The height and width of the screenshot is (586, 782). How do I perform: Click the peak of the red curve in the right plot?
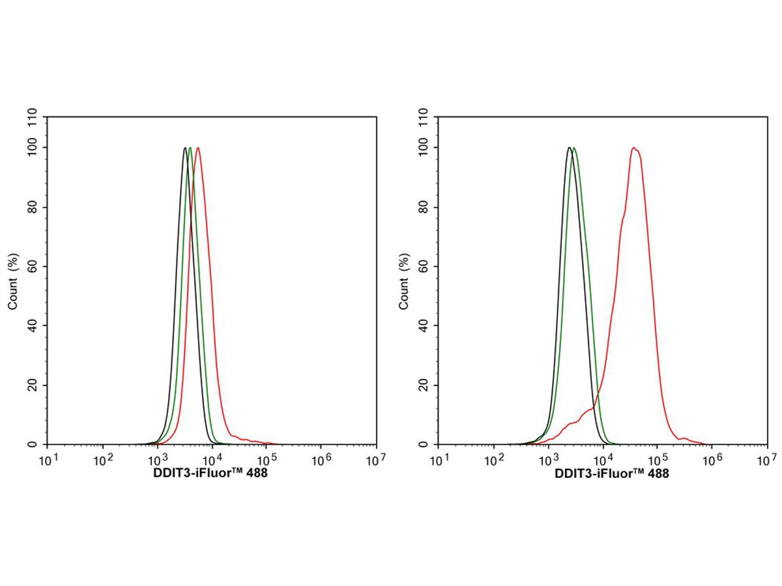(x=633, y=148)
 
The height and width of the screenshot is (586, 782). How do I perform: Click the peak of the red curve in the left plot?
(x=197, y=148)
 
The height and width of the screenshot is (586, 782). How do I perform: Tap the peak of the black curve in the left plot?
(x=185, y=148)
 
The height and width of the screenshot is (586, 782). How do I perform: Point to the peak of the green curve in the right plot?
(x=573, y=148)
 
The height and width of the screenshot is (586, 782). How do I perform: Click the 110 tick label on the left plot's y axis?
(x=31, y=118)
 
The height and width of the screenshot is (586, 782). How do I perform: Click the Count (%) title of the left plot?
(x=13, y=281)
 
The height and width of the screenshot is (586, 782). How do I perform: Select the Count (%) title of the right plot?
(x=404, y=281)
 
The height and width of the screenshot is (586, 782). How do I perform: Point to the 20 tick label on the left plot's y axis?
(x=33, y=385)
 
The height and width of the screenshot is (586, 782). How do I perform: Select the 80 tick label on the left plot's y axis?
(x=33, y=208)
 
